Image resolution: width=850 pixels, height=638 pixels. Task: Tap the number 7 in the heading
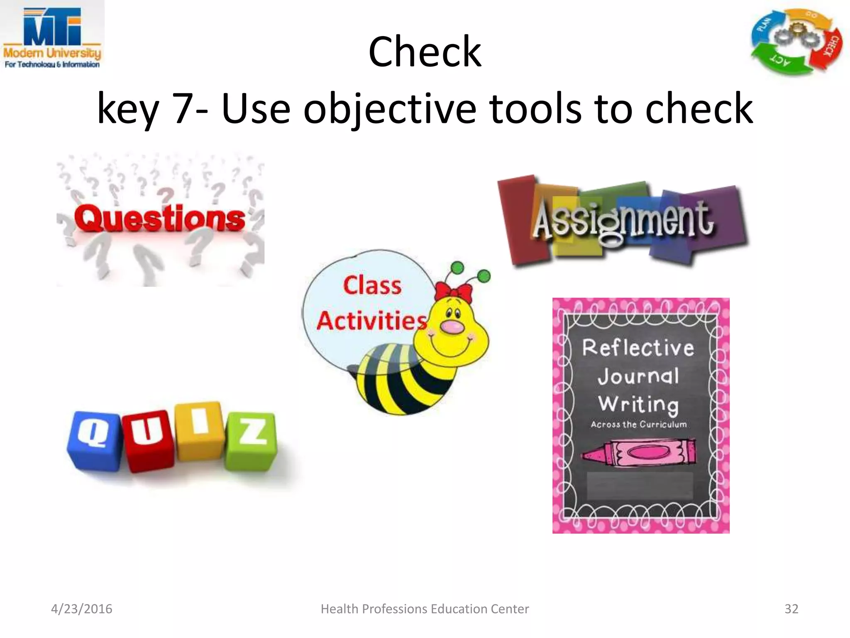pos(183,108)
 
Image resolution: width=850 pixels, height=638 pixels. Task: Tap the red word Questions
pos(160,219)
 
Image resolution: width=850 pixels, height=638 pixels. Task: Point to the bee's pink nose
pos(452,326)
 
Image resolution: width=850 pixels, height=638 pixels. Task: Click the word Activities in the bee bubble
pos(372,321)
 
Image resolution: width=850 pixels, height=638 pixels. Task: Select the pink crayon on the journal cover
pos(639,454)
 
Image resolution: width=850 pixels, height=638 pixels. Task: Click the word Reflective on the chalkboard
pos(638,348)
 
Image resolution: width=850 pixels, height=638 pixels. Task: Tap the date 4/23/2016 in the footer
pos(82,609)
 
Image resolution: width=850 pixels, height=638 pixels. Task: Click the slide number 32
pos(791,609)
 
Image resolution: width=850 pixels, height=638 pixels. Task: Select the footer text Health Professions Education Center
pos(425,609)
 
